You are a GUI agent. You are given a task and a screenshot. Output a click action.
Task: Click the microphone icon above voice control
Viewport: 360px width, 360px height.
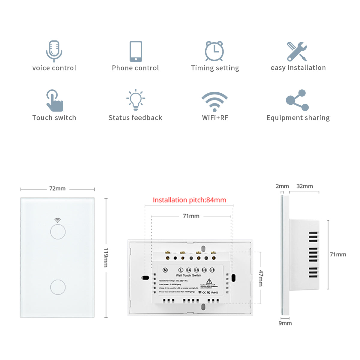[54, 51]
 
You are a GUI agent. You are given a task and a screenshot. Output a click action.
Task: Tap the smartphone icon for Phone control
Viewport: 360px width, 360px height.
[136, 51]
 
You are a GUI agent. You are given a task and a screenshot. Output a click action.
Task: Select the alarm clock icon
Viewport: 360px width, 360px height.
[214, 51]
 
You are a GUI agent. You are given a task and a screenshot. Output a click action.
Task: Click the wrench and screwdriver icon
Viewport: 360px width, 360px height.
[297, 51]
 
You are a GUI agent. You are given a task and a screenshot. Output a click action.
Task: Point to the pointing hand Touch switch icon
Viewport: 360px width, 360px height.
[55, 100]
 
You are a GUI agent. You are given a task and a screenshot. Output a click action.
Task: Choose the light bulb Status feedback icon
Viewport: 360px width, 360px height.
[136, 99]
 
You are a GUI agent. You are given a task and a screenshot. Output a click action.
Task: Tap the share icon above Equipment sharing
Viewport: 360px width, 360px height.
[297, 100]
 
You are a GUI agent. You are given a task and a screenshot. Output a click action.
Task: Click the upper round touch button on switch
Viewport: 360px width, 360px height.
[58, 232]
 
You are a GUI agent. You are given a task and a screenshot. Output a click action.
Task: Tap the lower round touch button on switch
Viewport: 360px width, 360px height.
[58, 287]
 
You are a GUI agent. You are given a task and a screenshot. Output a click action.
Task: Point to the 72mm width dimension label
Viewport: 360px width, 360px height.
[57, 189]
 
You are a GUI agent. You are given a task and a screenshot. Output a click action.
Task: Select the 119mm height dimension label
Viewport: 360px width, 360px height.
[106, 257]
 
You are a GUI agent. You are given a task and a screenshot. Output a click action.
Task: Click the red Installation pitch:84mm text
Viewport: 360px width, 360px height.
[189, 200]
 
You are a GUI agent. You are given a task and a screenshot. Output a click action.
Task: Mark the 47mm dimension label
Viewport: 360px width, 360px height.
[261, 278]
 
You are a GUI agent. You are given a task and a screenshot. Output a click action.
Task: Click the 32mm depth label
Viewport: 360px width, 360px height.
[304, 186]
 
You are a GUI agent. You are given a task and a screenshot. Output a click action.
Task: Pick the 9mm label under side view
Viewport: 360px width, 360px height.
[285, 323]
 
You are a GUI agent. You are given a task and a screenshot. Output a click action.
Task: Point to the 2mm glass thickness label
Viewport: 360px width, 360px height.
[282, 186]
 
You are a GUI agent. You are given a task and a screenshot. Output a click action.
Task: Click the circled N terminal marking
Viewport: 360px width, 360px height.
[165, 270]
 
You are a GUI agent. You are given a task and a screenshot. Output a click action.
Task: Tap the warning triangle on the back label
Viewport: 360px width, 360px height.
[209, 281]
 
